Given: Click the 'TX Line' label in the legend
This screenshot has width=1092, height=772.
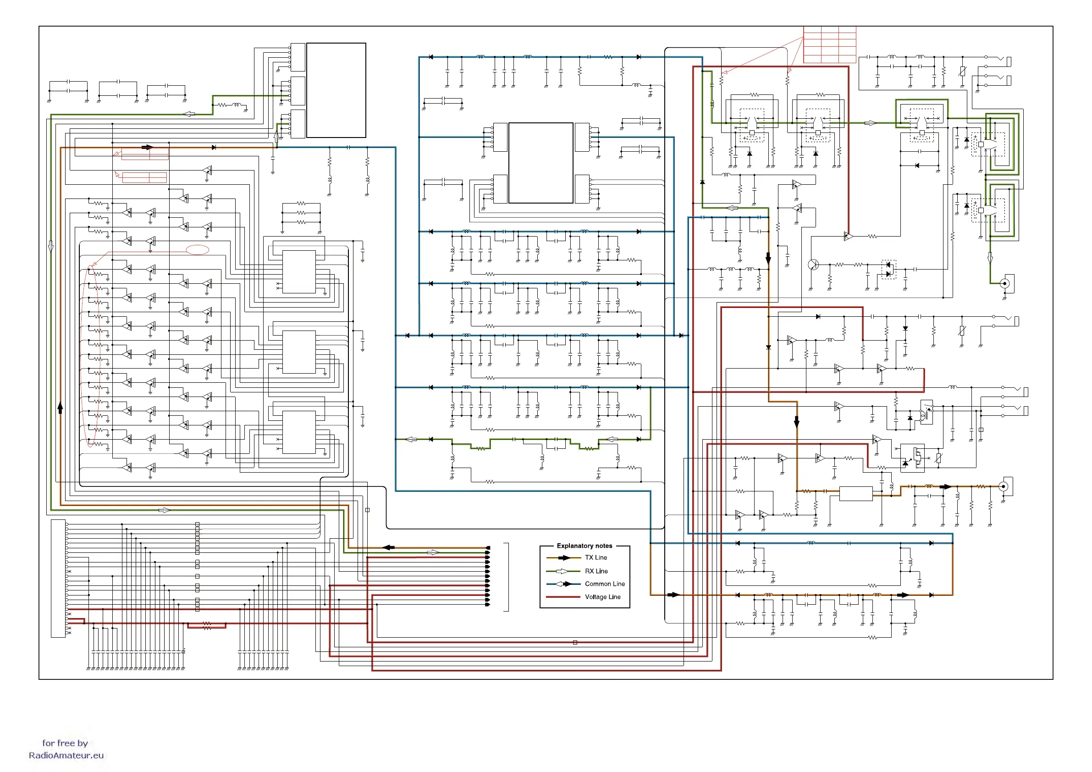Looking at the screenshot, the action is coord(596,557).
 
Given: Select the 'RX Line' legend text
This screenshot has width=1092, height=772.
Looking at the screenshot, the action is coord(596,571).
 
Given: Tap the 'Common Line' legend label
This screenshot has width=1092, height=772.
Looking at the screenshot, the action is coord(605,584).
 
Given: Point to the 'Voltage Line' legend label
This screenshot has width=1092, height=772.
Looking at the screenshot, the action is coord(602,597).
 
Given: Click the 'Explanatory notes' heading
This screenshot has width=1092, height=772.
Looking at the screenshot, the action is coord(584,546).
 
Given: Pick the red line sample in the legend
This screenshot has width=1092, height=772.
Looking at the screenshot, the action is coord(563,597).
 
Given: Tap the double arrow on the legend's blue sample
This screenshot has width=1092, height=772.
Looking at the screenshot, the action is coord(563,584).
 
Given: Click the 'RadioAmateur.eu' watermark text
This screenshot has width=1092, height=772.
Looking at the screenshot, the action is coord(66,755).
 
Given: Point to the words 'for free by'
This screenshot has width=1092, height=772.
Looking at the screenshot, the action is coord(65,743).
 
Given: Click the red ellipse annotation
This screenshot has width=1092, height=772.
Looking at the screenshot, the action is coord(197,250).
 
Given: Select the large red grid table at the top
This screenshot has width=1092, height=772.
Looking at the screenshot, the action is coord(829,45).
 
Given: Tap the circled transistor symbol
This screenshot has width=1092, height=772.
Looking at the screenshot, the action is coord(813,265).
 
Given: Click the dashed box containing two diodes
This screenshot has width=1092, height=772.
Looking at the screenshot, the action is coord(888,269).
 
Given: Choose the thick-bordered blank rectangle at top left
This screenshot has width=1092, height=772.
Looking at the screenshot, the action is coord(336,90).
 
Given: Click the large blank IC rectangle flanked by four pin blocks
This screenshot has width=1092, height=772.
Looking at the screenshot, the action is coord(540,163).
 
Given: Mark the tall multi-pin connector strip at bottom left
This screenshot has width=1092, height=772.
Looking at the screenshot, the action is coord(58,579).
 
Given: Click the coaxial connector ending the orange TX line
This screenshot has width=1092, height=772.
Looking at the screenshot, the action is coord(1004,486).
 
